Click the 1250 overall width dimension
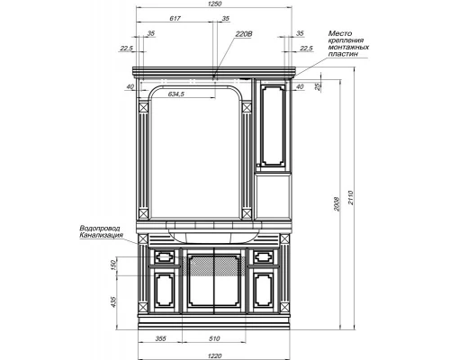coord(214,5)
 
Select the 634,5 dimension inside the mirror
coord(174,94)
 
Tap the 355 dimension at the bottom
coord(160,338)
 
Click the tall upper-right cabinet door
coord(273,124)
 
